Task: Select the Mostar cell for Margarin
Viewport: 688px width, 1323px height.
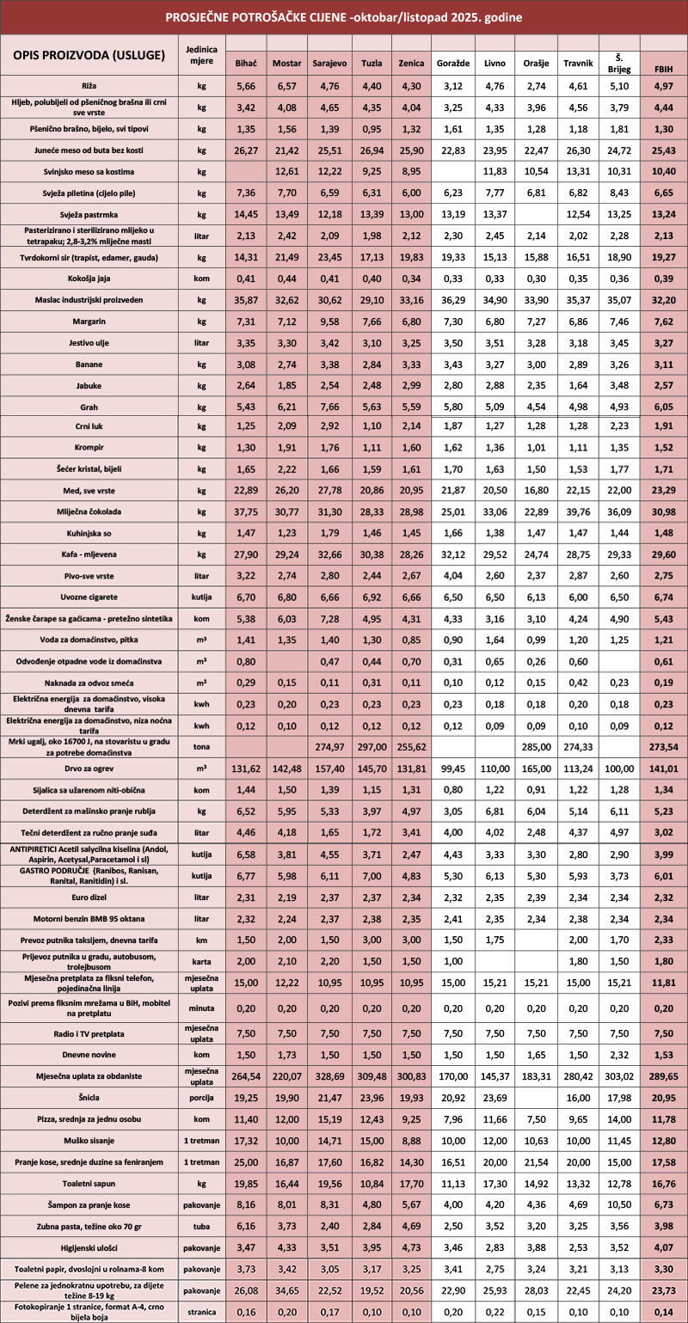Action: point(286,321)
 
